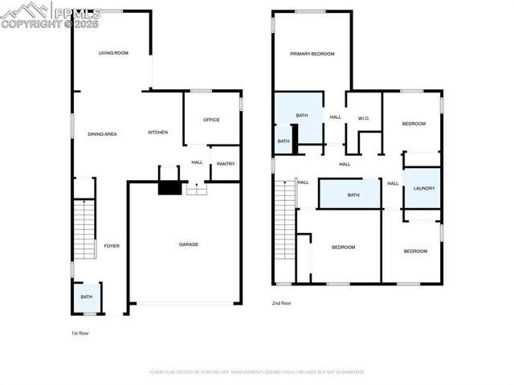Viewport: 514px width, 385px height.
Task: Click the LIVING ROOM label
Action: tap(113, 53)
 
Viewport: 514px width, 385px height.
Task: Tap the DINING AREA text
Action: tap(102, 133)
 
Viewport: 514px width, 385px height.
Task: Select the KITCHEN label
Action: tap(157, 132)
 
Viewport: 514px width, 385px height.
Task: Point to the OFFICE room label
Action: tap(211, 120)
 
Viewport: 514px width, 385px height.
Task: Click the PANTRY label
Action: tap(225, 163)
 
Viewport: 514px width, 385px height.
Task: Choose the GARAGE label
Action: tap(188, 244)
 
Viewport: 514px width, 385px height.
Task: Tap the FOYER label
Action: tap(112, 245)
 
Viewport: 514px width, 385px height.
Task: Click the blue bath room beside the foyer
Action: tap(86, 297)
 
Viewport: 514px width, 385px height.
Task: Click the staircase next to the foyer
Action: tap(84, 228)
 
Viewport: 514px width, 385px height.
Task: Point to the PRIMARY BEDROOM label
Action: tap(312, 54)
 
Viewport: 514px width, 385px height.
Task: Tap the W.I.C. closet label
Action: tap(363, 117)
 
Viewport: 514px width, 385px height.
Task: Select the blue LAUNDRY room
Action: tap(423, 188)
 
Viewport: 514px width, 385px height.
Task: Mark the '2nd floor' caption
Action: tap(281, 303)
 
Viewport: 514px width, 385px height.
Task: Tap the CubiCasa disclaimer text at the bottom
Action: tap(257, 372)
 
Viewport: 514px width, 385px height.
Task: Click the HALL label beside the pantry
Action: tap(197, 162)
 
